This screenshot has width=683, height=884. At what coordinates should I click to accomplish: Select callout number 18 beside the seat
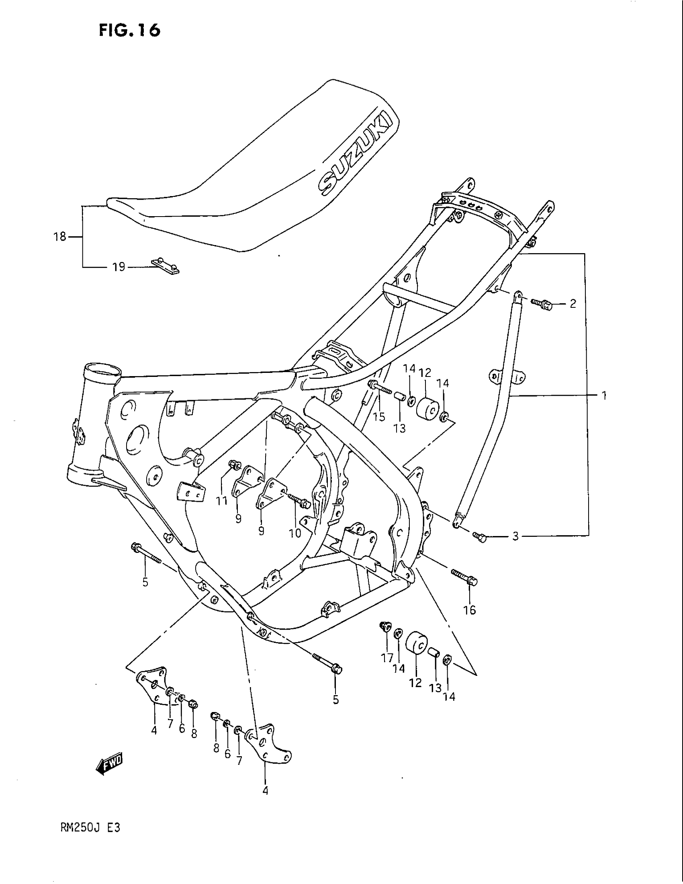coord(60,236)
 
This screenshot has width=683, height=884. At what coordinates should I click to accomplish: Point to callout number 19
coord(119,267)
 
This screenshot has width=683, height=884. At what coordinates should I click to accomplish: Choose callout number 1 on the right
coord(604,395)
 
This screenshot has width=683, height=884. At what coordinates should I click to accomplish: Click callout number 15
coord(379,417)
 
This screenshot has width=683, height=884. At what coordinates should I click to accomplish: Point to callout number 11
coord(221,501)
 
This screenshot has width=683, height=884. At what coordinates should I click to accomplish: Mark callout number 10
coord(295,534)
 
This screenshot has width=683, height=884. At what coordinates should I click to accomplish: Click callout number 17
coord(387,658)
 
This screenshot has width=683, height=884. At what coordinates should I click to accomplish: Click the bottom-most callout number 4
coord(265,790)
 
